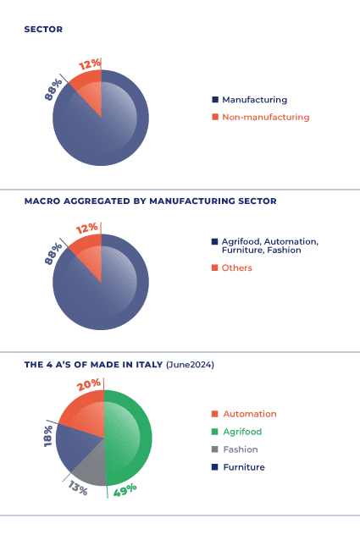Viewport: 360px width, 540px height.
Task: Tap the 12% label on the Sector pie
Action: (90, 64)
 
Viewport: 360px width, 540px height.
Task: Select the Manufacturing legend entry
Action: (254, 99)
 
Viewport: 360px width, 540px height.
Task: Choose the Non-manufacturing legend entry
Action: (265, 117)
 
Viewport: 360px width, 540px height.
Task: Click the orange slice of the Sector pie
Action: (88, 84)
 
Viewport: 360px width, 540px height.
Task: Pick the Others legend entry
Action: (236, 268)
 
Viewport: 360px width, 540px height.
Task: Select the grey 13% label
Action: (77, 488)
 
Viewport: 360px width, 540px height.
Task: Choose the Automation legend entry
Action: (249, 414)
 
